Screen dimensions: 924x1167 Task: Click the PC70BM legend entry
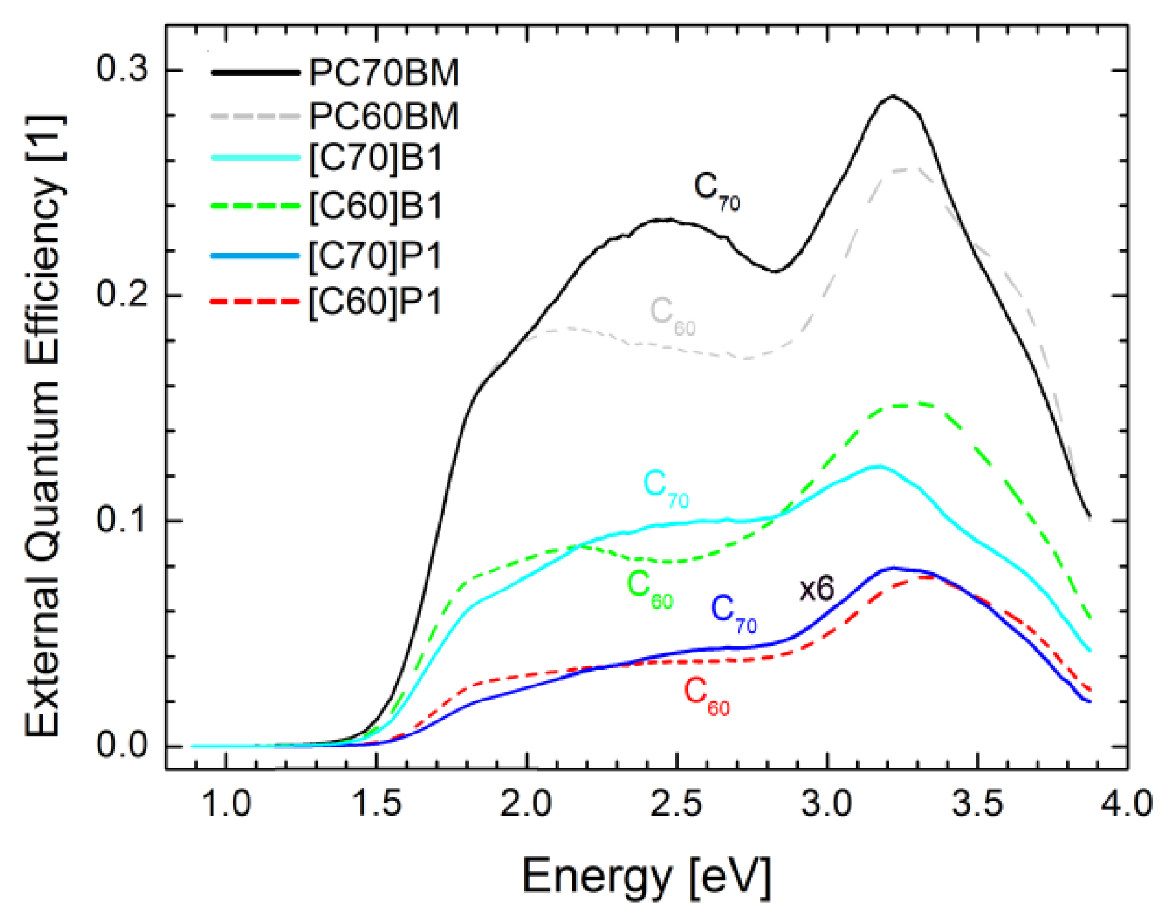pyautogui.click(x=383, y=73)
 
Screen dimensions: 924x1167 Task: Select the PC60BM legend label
pyautogui.click(x=383, y=116)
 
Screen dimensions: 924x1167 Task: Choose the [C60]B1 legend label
pyautogui.click(x=376, y=207)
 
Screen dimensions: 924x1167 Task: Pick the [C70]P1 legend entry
pyautogui.click(x=376, y=256)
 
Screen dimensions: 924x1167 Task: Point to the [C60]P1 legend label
pyautogui.click(x=376, y=301)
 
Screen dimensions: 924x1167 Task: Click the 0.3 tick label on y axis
pyautogui.click(x=122, y=69)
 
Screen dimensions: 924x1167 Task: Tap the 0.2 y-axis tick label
pyautogui.click(x=122, y=294)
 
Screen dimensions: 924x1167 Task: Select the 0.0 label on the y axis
pyautogui.click(x=122, y=745)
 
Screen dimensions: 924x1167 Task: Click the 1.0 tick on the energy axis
pyautogui.click(x=226, y=804)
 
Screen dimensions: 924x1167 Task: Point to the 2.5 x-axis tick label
pyautogui.click(x=677, y=804)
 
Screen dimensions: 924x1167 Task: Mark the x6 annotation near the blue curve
pyautogui.click(x=817, y=589)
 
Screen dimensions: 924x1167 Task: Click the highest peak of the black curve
pyautogui.click(x=893, y=96)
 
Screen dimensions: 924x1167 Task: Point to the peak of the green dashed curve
pyautogui.click(x=906, y=405)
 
